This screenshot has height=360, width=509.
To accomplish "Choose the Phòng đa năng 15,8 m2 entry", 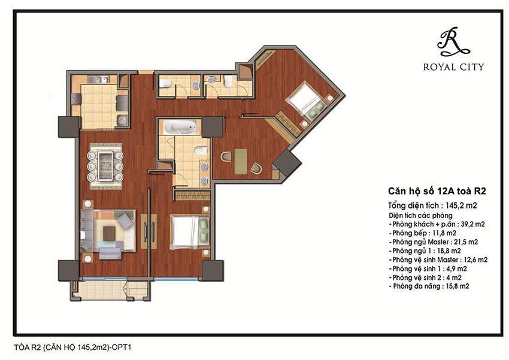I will [x=428, y=287].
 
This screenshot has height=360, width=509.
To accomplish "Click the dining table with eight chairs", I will [x=106, y=162].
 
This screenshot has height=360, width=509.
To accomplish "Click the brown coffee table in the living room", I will [x=109, y=231].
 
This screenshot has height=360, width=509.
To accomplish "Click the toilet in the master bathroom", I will [x=200, y=151].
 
